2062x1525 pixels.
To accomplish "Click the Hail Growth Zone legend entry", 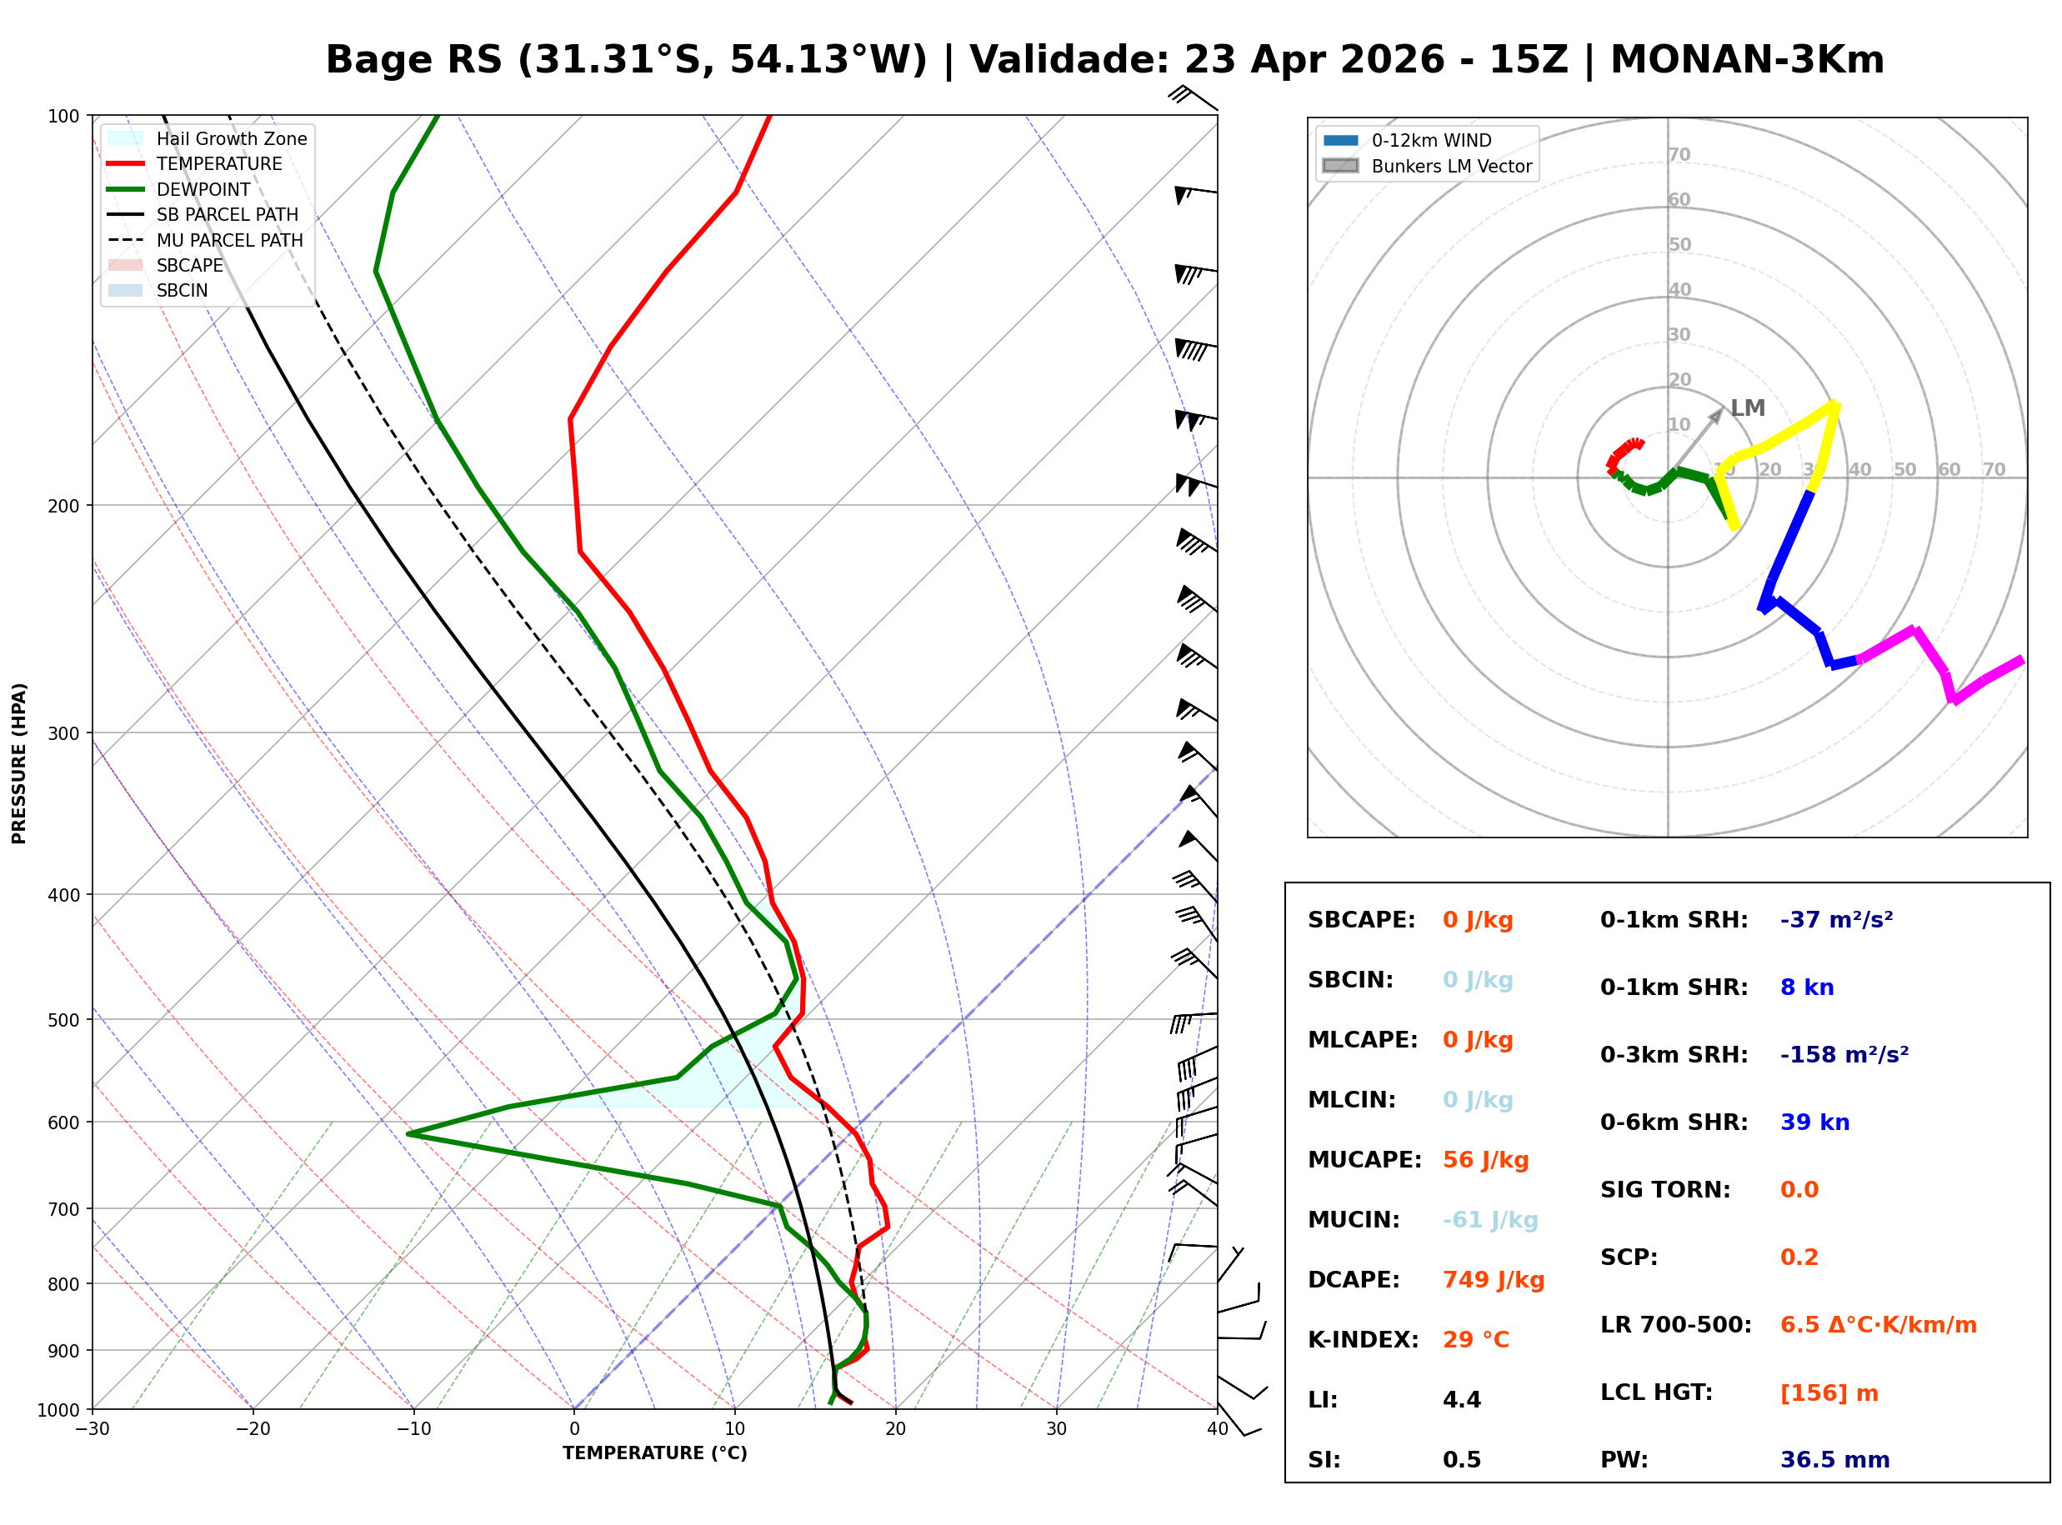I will [x=231, y=138].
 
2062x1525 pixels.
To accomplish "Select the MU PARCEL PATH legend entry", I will [x=229, y=240].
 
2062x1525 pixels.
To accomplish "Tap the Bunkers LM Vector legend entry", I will [x=1451, y=166].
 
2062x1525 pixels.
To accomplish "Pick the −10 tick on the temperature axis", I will [x=413, y=1429].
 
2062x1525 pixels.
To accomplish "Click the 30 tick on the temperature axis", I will [x=1056, y=1429].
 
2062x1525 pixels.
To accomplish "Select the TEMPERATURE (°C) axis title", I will [x=654, y=1453].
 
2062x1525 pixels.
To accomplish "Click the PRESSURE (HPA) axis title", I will [x=18, y=762].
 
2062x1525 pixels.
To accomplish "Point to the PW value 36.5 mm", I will [x=1834, y=1459].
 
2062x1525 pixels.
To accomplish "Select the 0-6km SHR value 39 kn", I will [x=1814, y=1122].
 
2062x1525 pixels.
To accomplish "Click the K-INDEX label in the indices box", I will [x=1363, y=1339].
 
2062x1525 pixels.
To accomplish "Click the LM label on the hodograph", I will [x=1747, y=408].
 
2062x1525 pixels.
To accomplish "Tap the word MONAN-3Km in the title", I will [x=1746, y=60].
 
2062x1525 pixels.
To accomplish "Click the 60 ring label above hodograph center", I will [x=1679, y=199].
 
